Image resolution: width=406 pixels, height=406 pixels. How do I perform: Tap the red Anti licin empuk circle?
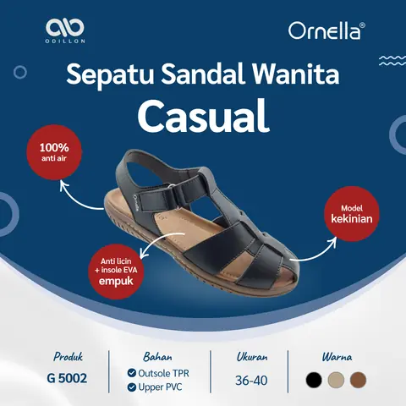114,270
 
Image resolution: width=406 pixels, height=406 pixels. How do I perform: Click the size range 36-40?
251,380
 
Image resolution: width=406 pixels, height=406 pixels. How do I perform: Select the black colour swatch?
315,379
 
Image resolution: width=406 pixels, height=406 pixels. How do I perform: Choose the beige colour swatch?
337,379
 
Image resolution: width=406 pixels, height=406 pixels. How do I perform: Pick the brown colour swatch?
358,379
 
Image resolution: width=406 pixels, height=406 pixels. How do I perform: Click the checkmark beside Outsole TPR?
131,372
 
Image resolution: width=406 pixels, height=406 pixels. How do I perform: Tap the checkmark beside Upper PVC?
131,387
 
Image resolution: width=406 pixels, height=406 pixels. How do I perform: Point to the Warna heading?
336,356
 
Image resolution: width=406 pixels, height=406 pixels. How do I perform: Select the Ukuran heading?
251,356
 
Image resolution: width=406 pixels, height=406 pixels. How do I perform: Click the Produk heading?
68,356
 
